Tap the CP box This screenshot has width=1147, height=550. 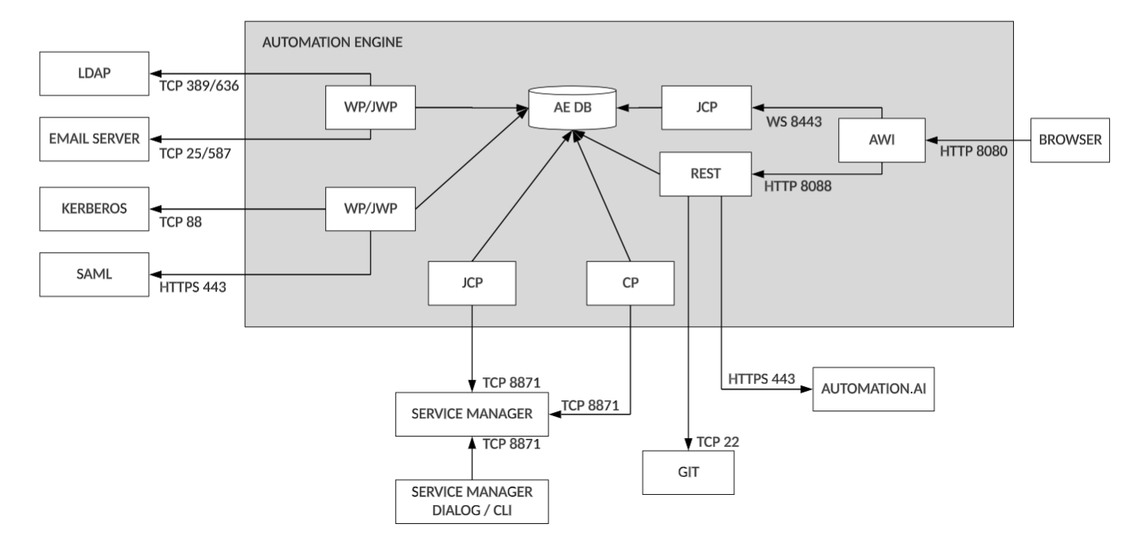tap(630, 284)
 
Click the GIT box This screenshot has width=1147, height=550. tap(689, 472)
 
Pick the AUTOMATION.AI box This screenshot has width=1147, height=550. tap(873, 388)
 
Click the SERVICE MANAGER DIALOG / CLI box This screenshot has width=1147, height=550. tap(471, 500)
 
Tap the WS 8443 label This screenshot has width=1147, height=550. tap(793, 124)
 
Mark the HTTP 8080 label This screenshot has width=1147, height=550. tap(974, 151)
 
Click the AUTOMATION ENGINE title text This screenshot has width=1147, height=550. tap(332, 42)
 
